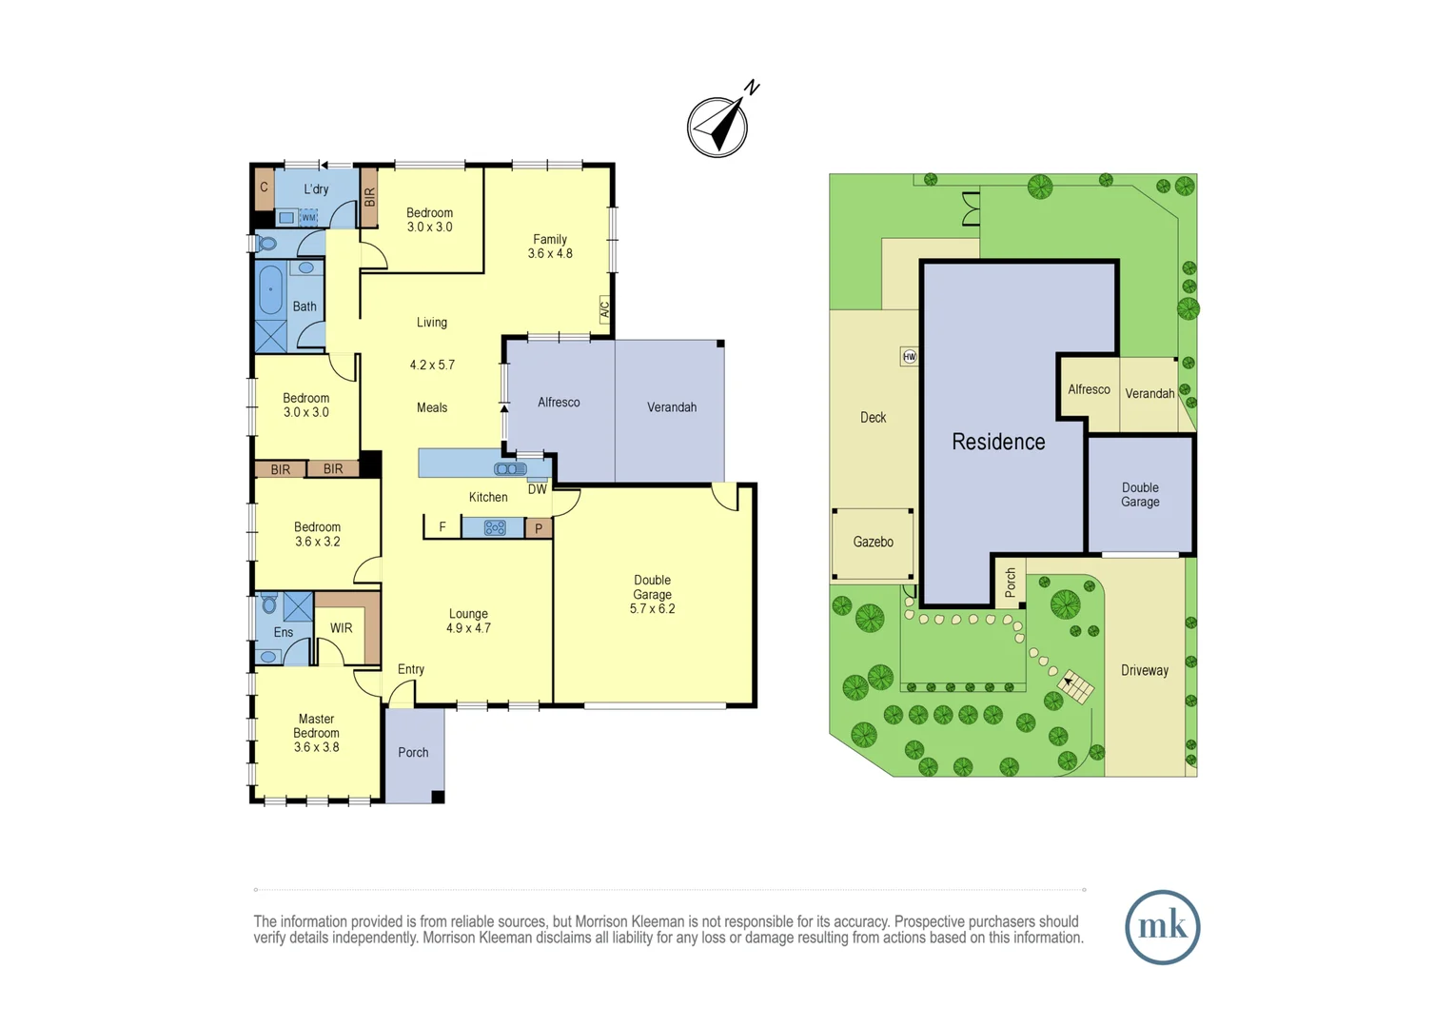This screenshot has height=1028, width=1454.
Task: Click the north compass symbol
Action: click(718, 126)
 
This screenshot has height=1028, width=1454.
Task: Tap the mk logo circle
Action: click(1162, 927)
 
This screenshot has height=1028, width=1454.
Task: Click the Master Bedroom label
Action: click(316, 733)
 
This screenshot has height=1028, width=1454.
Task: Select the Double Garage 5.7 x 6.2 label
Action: click(652, 594)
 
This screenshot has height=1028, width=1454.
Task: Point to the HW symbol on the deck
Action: click(909, 357)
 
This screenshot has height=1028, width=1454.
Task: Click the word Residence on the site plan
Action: click(998, 442)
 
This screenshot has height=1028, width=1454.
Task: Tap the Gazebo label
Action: click(873, 542)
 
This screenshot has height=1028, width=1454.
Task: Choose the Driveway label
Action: click(1144, 670)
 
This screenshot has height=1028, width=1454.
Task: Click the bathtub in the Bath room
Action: click(271, 289)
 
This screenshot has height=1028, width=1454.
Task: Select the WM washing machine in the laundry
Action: click(308, 218)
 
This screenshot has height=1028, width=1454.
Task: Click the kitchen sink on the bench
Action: click(510, 468)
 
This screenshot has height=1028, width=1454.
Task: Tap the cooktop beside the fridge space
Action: click(495, 527)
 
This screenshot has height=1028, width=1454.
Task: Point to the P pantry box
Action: click(539, 528)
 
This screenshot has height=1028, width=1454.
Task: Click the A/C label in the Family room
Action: click(604, 309)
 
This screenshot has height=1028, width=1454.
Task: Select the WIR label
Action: click(341, 628)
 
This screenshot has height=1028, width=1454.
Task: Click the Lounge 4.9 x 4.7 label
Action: click(468, 621)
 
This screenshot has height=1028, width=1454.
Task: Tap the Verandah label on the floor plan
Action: click(672, 407)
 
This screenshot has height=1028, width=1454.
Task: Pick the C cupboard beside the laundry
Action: click(264, 188)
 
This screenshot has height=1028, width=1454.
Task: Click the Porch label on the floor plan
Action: click(413, 752)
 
